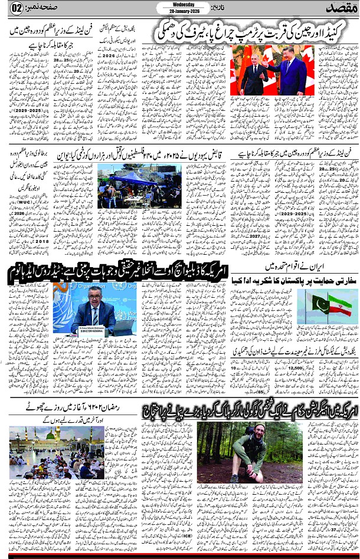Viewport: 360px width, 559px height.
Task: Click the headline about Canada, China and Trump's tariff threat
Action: (250, 30)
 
